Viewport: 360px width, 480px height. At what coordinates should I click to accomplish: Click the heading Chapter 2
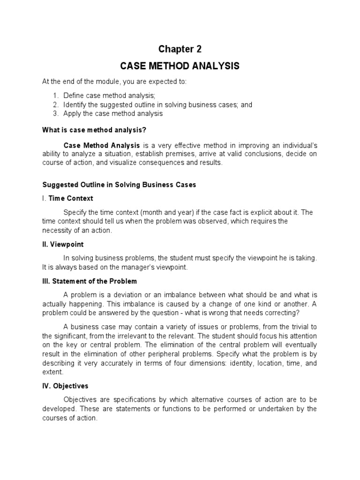pos(180,49)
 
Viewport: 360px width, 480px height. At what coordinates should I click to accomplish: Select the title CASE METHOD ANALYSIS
pos(180,66)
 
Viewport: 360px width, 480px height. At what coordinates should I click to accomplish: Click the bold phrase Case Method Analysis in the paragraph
pos(101,145)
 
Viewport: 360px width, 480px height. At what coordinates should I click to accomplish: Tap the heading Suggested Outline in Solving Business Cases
pos(119,185)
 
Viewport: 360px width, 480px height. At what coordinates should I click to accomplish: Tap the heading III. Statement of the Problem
pos(90,281)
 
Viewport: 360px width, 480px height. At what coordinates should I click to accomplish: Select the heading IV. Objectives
pos(65,386)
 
